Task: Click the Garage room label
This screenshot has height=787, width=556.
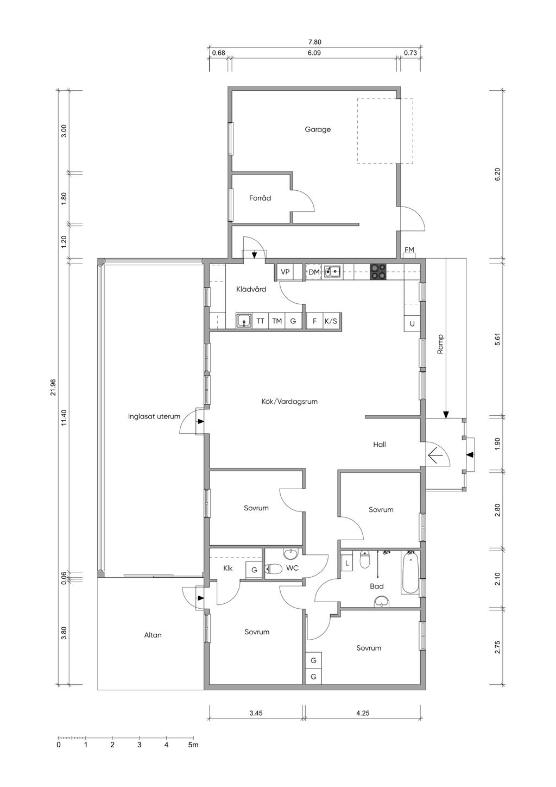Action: pyautogui.click(x=318, y=130)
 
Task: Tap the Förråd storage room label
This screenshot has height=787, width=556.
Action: pyautogui.click(x=260, y=198)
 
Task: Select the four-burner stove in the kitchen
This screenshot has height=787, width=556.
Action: pyautogui.click(x=378, y=272)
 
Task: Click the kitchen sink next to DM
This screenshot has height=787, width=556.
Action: pyautogui.click(x=332, y=272)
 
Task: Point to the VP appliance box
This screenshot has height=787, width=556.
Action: pyautogui.click(x=285, y=272)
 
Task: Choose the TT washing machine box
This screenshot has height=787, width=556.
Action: pyautogui.click(x=260, y=321)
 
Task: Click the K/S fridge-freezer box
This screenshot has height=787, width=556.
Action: pyautogui.click(x=330, y=321)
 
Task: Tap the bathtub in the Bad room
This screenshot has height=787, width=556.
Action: pyautogui.click(x=410, y=572)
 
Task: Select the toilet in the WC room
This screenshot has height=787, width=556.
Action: pyautogui.click(x=274, y=568)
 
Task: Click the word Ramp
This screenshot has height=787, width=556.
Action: pyautogui.click(x=440, y=343)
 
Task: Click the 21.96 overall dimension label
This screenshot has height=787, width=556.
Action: pyautogui.click(x=53, y=387)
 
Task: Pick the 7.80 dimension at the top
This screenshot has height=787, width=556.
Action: pyautogui.click(x=314, y=42)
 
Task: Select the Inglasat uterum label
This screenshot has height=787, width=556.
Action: pyautogui.click(x=154, y=417)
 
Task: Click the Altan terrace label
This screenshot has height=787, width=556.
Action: pyautogui.click(x=153, y=635)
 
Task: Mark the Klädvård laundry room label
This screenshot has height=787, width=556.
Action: pyautogui.click(x=251, y=290)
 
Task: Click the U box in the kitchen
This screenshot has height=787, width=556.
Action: pyautogui.click(x=412, y=323)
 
